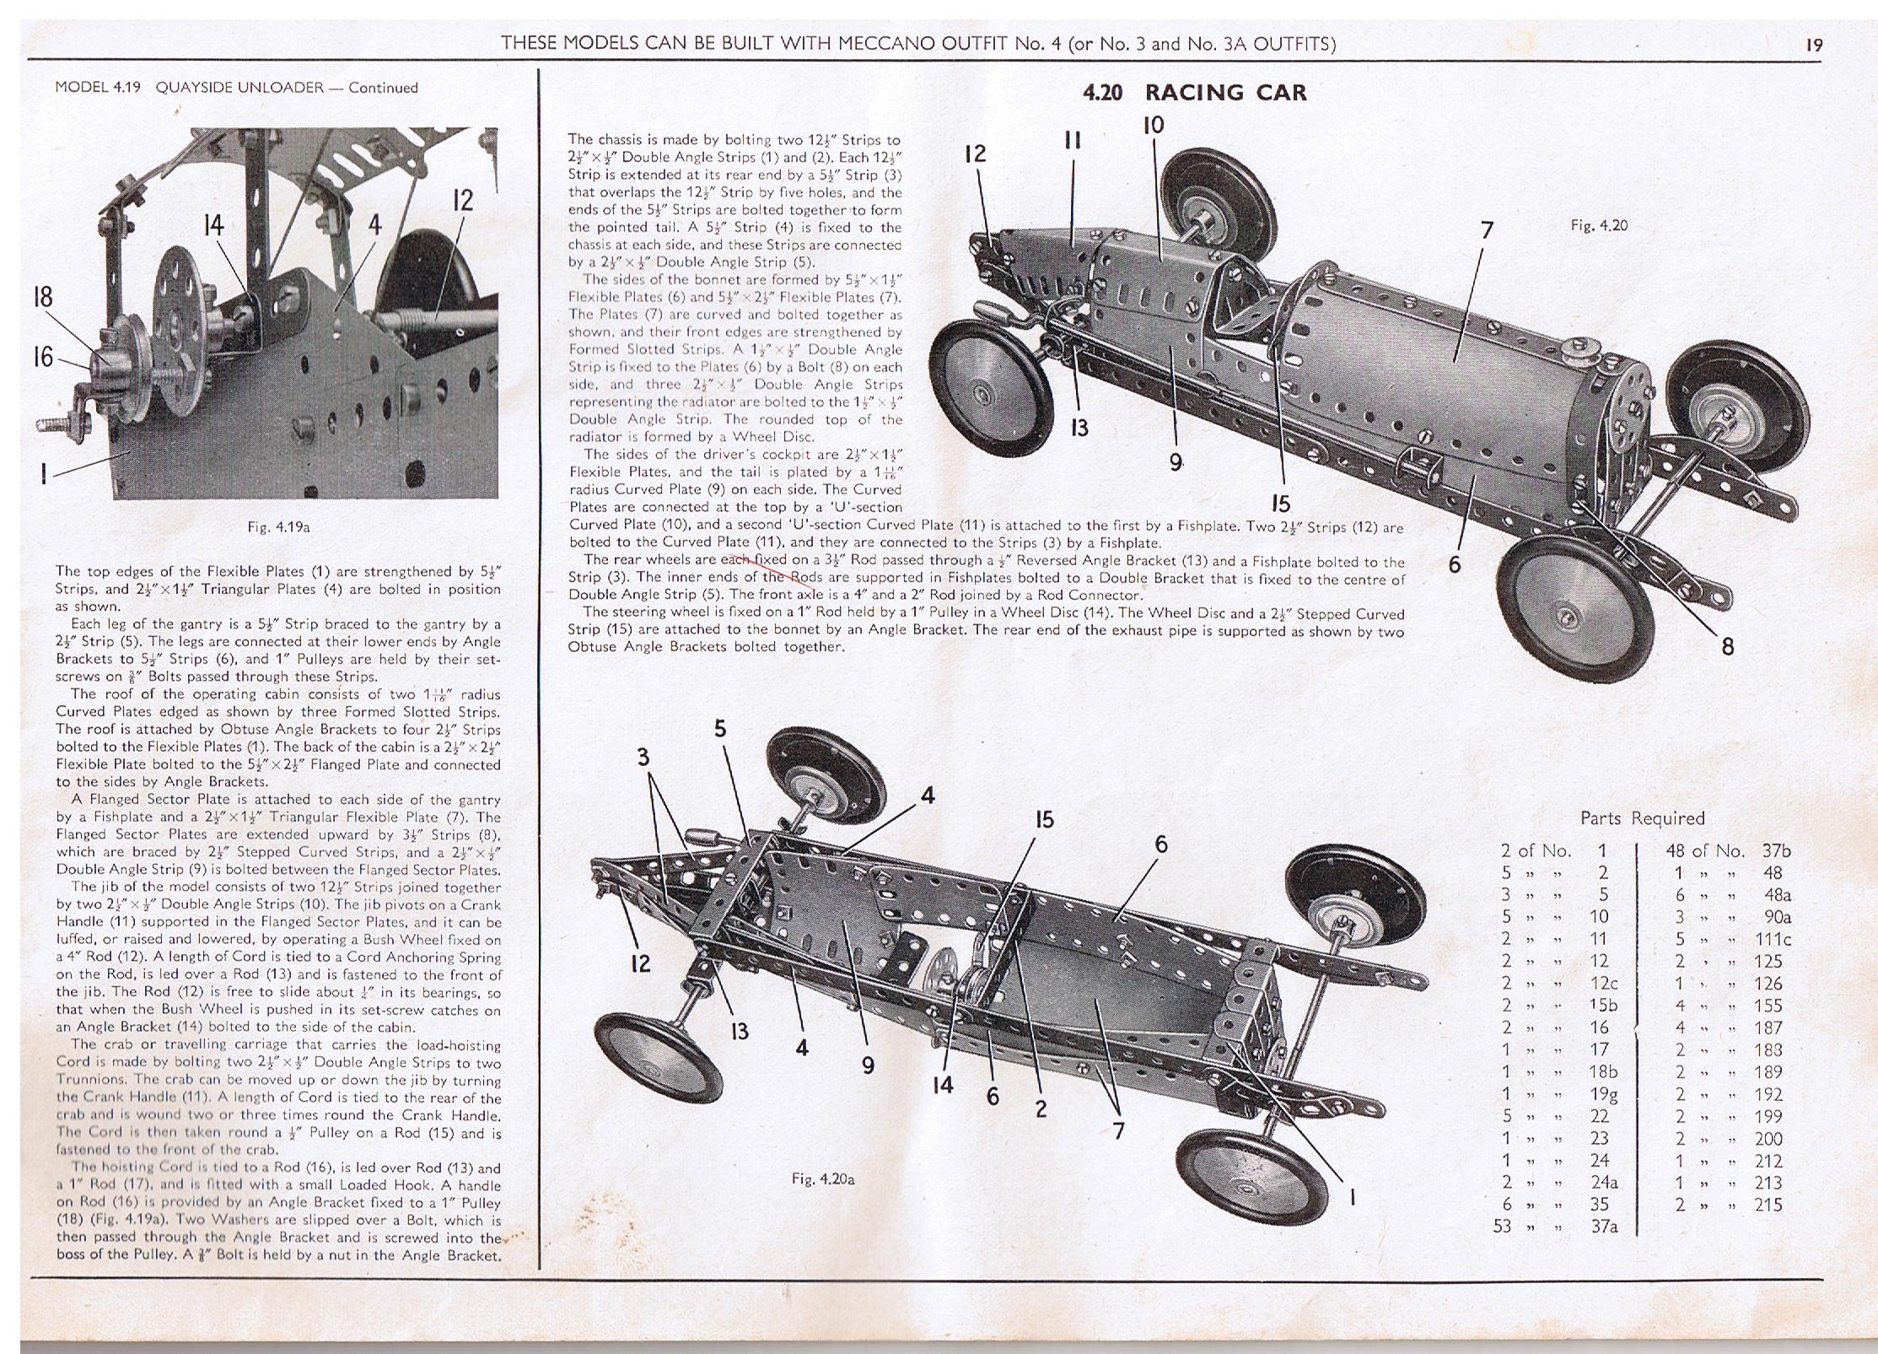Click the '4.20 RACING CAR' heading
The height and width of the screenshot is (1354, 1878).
[x=1194, y=93]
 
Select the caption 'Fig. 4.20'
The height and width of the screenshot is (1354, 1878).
[x=1599, y=225]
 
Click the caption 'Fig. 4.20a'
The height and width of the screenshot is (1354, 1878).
[x=823, y=1179]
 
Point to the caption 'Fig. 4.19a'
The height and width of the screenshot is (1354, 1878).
[x=279, y=527]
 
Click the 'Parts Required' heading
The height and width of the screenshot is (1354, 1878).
[x=1642, y=817]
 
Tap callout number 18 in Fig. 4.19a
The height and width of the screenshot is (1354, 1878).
[x=43, y=297]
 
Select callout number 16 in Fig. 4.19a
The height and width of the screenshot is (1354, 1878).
[x=43, y=358]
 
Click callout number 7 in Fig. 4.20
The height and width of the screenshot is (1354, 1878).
[x=1486, y=229]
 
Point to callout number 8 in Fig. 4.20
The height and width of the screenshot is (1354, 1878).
[x=1727, y=647]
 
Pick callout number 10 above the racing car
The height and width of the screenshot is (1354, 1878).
[x=1153, y=126]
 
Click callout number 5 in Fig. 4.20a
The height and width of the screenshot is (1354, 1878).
[x=719, y=728]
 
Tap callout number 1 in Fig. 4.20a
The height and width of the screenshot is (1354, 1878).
[x=1352, y=1196]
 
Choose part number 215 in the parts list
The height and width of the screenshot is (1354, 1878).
[x=1768, y=1205]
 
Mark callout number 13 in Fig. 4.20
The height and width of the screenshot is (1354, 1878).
[x=1079, y=428]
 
